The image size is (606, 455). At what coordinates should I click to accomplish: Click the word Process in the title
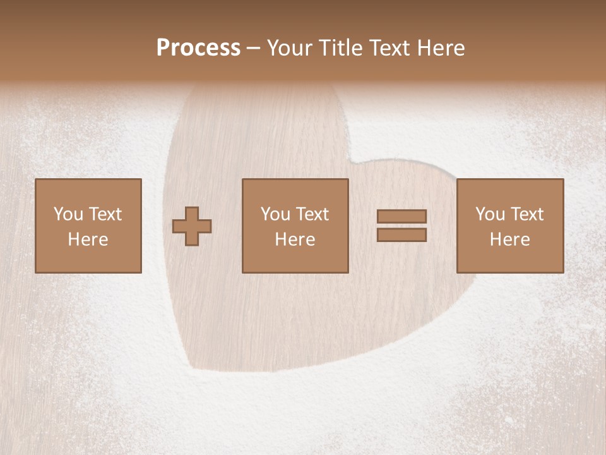coord(198,48)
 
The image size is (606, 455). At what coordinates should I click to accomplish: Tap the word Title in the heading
coord(338,48)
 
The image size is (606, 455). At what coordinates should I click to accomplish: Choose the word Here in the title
coord(442,48)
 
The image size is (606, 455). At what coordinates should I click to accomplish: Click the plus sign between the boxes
coord(192,226)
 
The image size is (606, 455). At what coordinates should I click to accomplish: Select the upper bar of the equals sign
coord(401,217)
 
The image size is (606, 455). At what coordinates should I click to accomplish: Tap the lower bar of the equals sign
coord(401,235)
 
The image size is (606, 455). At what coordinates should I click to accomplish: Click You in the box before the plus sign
coord(68,214)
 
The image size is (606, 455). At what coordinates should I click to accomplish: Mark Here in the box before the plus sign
coord(88,240)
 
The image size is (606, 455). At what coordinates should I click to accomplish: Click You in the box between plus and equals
coord(275,214)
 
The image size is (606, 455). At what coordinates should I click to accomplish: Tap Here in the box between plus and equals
coord(295,240)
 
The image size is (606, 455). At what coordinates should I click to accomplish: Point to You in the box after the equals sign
coord(490,214)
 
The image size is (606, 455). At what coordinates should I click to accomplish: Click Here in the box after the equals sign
coord(509,240)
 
